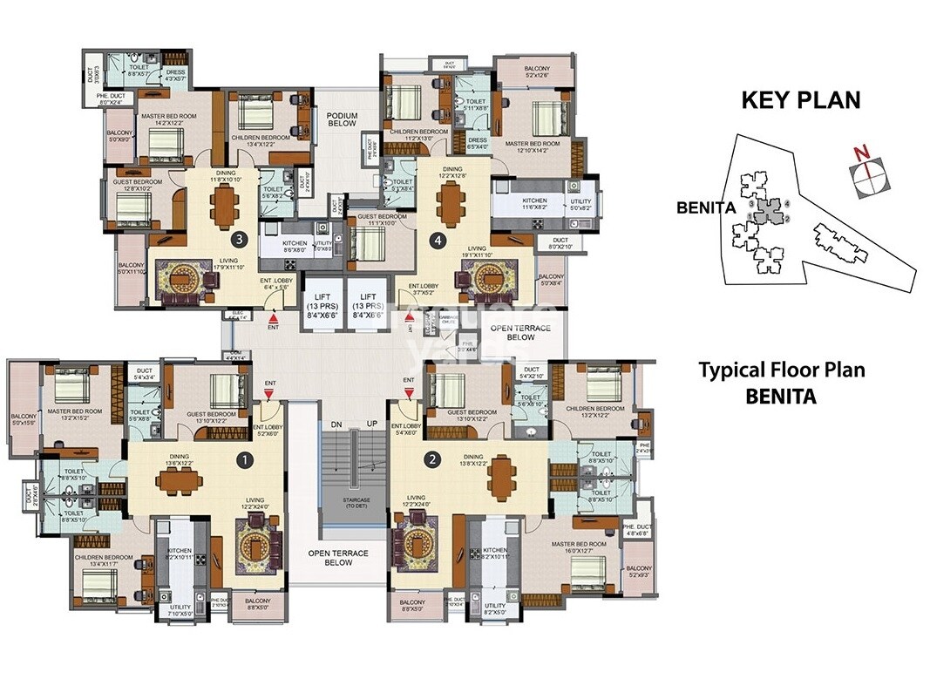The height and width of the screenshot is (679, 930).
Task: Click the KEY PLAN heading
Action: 800,99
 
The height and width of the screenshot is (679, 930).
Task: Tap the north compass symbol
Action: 864,168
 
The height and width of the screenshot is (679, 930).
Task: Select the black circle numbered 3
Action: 236,237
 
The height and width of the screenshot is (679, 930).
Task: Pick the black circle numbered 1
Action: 246,458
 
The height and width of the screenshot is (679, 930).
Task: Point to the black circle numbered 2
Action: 429,458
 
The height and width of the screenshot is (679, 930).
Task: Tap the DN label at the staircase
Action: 335,424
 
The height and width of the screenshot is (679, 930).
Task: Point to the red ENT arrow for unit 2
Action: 407,393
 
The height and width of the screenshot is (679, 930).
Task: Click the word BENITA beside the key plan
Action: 702,208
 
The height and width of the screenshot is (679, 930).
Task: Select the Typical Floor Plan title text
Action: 781,370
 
